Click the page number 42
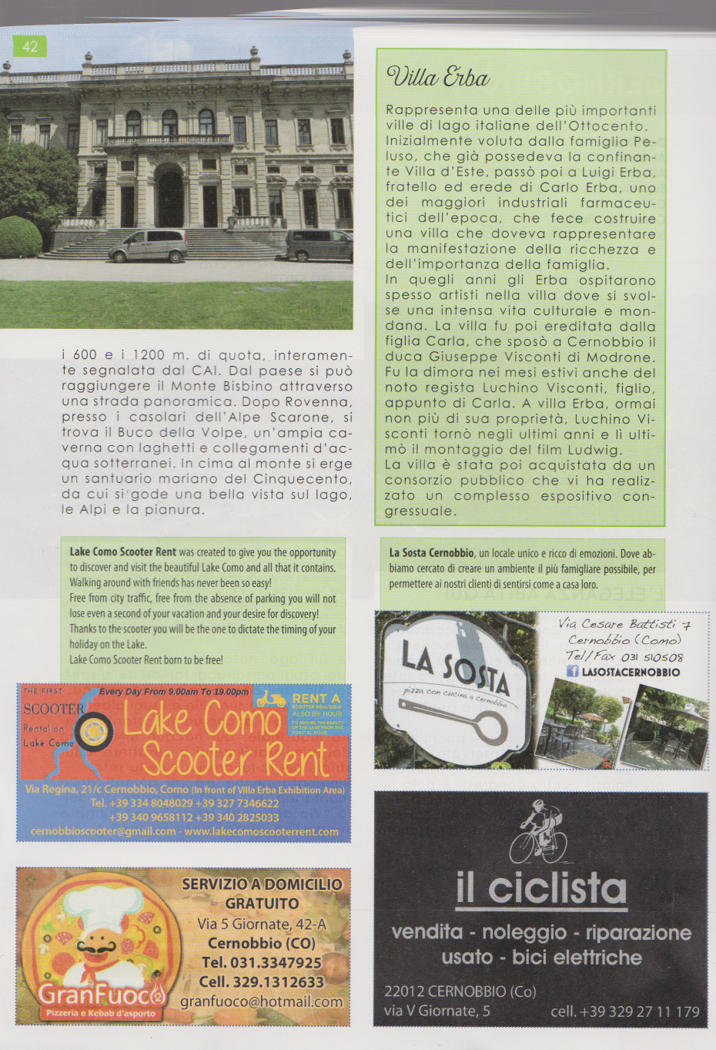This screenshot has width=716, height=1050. [30, 46]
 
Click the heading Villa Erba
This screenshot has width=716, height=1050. [438, 77]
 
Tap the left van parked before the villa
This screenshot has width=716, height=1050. [148, 245]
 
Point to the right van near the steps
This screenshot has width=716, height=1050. [319, 245]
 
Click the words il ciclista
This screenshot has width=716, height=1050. [541, 887]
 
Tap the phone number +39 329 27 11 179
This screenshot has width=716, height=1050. [624, 1011]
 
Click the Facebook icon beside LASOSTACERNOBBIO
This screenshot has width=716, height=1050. [572, 672]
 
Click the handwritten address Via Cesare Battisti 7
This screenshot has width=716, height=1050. [624, 624]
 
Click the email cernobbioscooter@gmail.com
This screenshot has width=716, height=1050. [102, 831]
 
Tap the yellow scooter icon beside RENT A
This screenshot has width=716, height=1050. [271, 699]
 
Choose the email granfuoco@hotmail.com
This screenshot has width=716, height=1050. [261, 1001]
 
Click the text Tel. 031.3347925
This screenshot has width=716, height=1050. [261, 962]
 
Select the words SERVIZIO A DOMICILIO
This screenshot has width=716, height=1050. [262, 884]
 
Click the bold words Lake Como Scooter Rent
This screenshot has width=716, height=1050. [123, 552]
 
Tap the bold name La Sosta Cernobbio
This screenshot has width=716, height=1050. [431, 553]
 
